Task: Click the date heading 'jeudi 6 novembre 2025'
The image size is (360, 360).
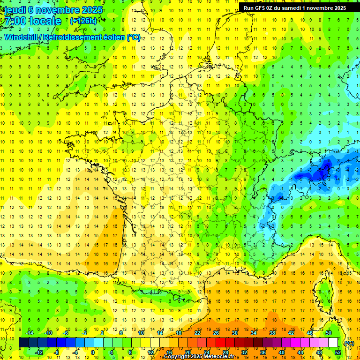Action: [x=52, y=9]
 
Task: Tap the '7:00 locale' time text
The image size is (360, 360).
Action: [x=33, y=21]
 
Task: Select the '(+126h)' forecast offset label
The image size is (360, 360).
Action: [x=83, y=21]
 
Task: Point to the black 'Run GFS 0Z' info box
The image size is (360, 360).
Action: [x=295, y=7]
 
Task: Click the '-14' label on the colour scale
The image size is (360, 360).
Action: [x=29, y=333]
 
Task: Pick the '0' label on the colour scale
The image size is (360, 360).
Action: [x=92, y=352]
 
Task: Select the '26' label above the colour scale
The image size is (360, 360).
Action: [x=216, y=333]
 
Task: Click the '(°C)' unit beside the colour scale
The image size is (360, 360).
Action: [x=349, y=343]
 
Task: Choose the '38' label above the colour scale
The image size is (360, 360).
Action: [x=272, y=333]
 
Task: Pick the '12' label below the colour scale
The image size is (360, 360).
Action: [x=150, y=352]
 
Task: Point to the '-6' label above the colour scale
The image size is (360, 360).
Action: [x=66, y=333]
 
